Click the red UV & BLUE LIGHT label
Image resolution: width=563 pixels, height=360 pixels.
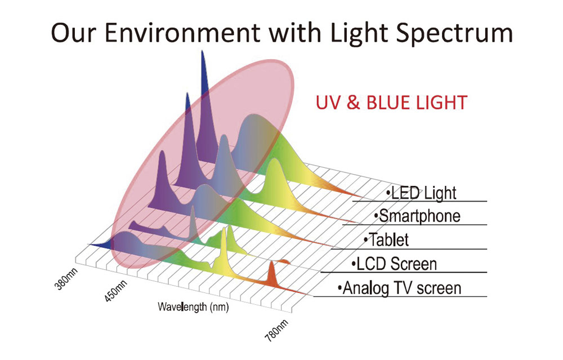click(391, 103)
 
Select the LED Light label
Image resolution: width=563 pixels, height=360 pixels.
click(421, 193)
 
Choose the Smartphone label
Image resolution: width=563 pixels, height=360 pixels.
click(417, 216)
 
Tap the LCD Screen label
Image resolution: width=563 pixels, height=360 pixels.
click(394, 264)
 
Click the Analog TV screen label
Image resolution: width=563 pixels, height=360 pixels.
click(399, 288)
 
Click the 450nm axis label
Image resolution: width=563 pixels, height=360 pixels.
click(116, 291)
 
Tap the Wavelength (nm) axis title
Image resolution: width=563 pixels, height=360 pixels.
click(193, 307)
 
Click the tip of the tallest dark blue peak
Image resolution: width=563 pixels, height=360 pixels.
click(203, 51)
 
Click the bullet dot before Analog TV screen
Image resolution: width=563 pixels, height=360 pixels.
click(339, 288)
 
